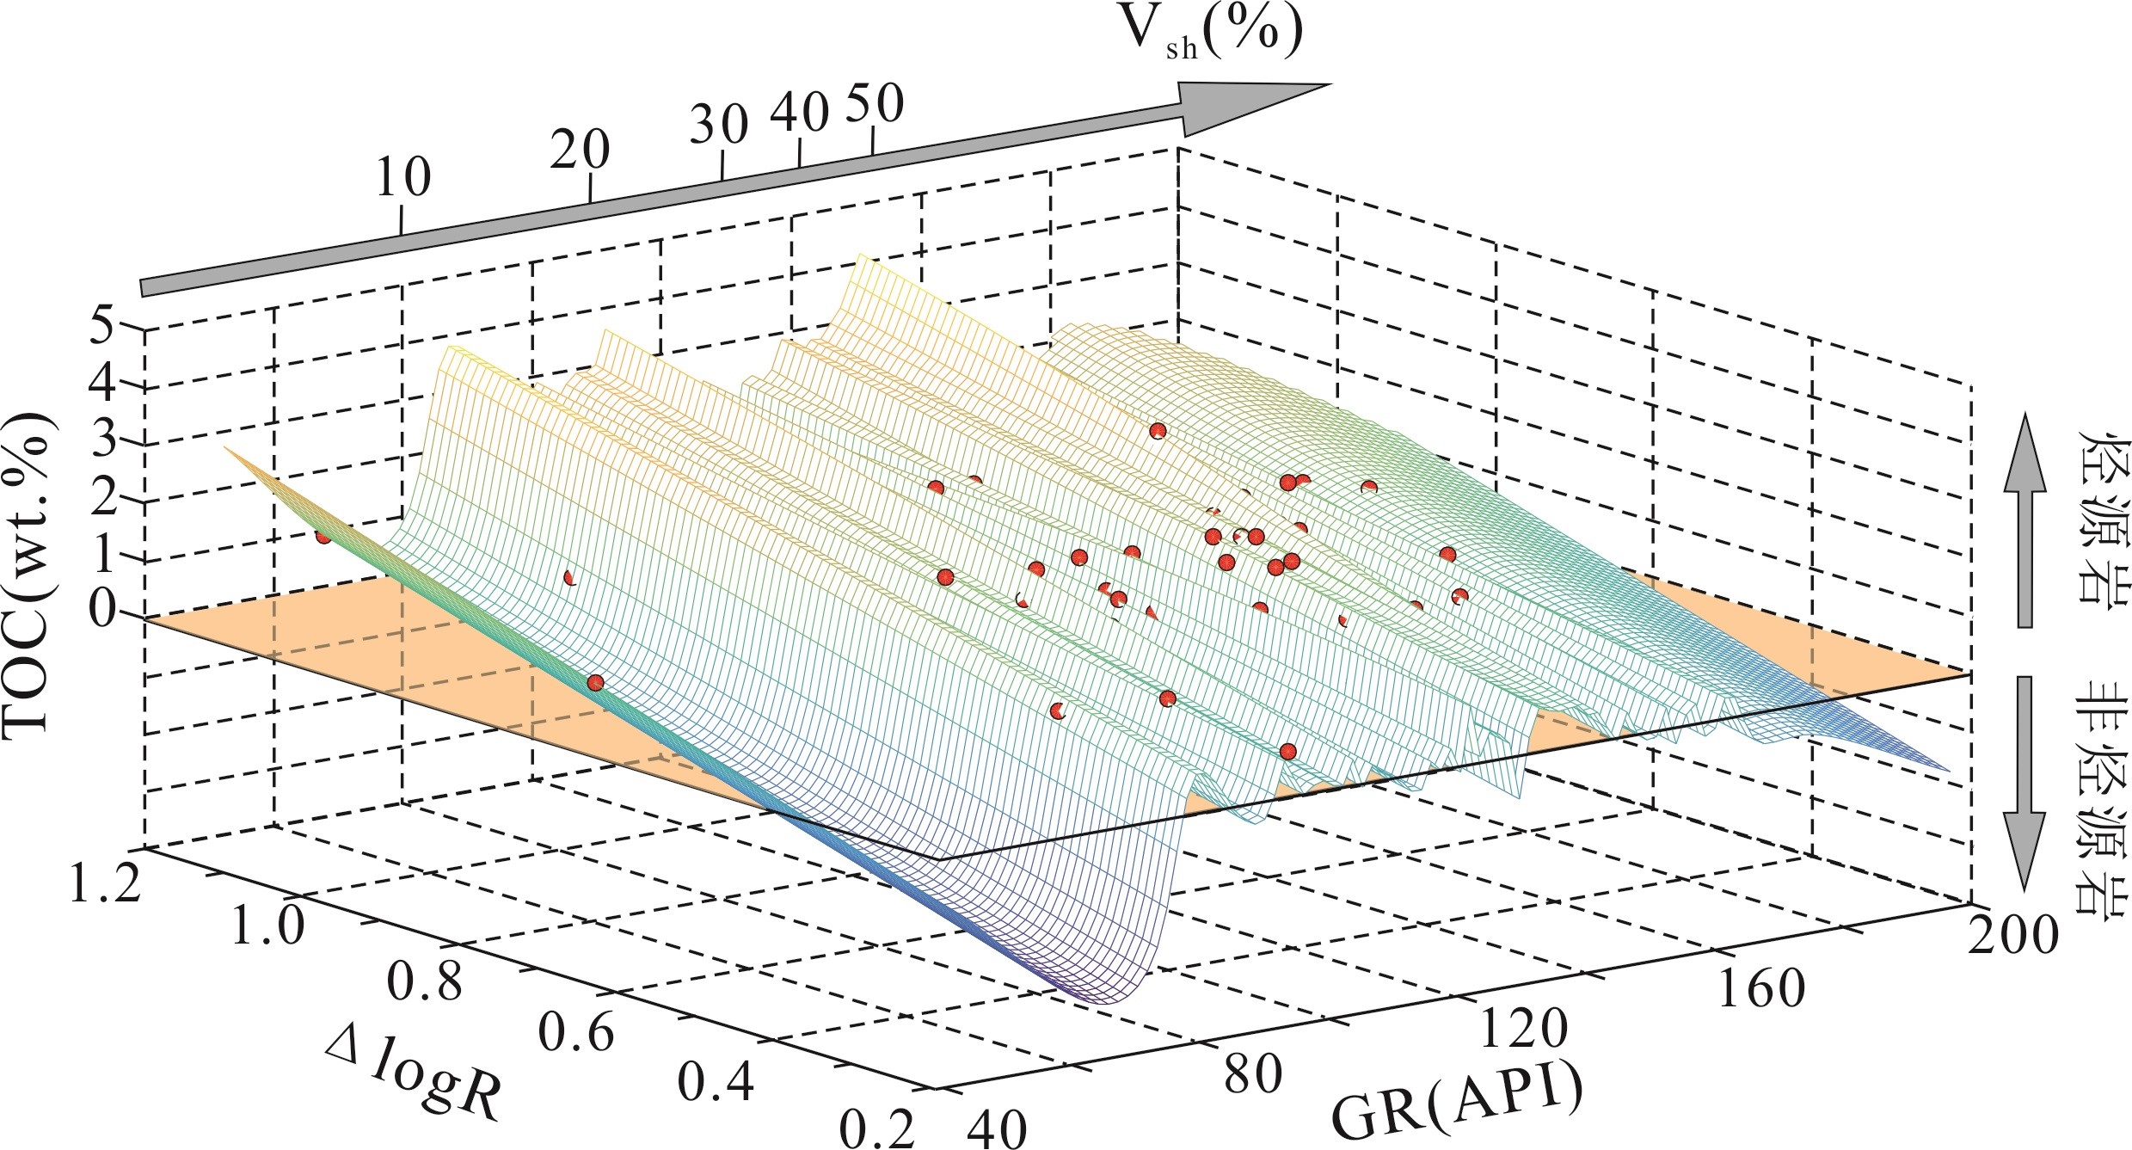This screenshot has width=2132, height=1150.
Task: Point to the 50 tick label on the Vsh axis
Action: (x=875, y=103)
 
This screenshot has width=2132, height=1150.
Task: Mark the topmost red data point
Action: (x=1157, y=431)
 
